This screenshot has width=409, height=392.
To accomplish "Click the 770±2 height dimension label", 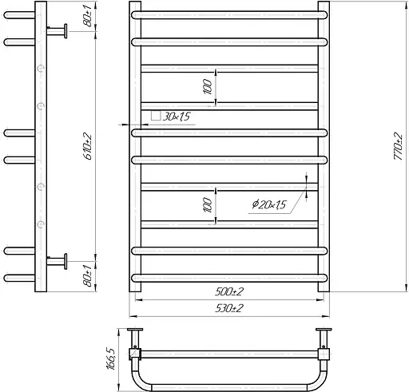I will pos(397,147).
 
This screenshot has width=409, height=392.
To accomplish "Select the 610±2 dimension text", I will pos(87,146).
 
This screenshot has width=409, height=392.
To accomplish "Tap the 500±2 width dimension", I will pos(230,291).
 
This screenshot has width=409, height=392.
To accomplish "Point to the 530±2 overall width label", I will pos(230,307).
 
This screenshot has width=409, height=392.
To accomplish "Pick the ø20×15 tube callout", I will pos(268,205).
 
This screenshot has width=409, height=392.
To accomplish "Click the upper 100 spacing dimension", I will pos(208,87).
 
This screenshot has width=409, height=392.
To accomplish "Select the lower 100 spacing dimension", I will pos(208,205).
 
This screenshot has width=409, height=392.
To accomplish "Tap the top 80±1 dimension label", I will pos(87,18).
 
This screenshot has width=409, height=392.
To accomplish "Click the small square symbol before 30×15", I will pos(155,117).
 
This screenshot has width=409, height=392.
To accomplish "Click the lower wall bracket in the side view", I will pos(57,259).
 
